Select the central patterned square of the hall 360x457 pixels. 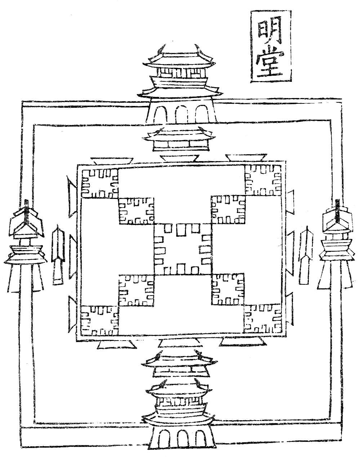(182, 249)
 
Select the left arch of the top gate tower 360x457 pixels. (161, 116)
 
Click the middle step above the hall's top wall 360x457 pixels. (179, 158)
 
